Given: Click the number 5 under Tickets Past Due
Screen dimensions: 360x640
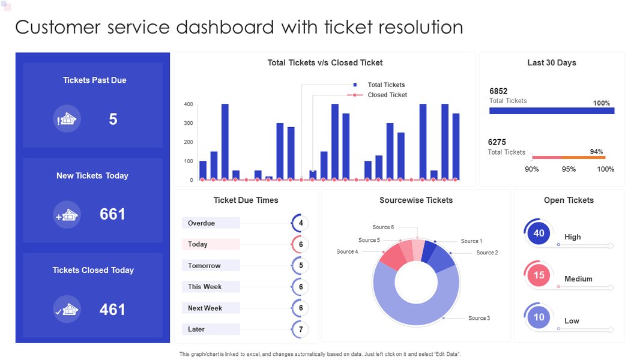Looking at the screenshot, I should (113, 119).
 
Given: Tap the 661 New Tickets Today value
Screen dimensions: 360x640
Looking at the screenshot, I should (112, 214).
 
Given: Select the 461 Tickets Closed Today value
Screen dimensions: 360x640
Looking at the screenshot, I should (112, 310).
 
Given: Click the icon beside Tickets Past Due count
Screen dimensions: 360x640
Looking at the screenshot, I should (67, 119).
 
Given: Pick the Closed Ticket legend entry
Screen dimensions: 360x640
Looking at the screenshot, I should (387, 95).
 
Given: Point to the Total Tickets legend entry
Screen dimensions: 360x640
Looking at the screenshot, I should (386, 85).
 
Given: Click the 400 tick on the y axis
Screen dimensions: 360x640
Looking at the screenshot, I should (189, 104).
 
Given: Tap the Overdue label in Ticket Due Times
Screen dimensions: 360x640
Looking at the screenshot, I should (202, 223).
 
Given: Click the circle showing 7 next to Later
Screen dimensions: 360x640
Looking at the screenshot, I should (300, 329).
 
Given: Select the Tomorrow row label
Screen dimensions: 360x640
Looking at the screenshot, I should (204, 265).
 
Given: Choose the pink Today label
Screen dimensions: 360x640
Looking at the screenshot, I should (198, 244).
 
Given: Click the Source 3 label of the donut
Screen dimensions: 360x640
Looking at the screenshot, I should (479, 318).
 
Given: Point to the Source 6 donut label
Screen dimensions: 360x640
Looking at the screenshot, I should (383, 227).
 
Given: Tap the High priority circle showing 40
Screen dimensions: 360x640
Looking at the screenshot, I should (539, 233).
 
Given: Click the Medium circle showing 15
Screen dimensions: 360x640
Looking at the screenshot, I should (539, 275).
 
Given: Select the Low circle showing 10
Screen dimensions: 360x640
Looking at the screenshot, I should (539, 317).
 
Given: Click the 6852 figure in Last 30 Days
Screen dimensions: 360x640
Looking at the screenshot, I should (498, 91).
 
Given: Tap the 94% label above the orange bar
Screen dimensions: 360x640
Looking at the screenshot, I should (596, 152).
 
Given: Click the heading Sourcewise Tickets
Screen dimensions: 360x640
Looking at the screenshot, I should (416, 200).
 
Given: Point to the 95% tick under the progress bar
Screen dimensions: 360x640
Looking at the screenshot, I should (569, 169).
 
